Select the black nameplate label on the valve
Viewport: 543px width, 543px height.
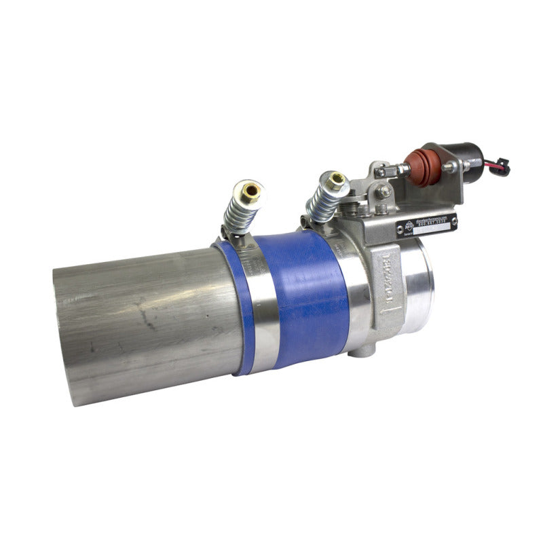[x=429, y=223]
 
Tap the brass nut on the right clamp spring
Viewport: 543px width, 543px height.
[x=335, y=181]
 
